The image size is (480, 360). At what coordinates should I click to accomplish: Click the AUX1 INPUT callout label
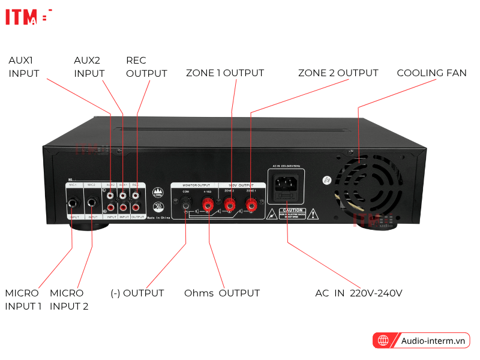click(24, 67)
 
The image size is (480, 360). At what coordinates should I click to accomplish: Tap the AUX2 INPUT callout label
click(89, 67)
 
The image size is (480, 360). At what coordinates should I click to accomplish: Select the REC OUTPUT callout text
click(146, 67)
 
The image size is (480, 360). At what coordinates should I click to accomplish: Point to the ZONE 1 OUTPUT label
click(224, 73)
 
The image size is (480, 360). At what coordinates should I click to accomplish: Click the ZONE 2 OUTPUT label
click(338, 73)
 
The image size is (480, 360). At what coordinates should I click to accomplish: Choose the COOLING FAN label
click(431, 73)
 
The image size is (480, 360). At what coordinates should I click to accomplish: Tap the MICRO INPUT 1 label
click(23, 299)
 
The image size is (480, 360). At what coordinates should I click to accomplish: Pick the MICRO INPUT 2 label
click(69, 299)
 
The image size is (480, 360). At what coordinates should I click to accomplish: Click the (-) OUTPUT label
click(137, 293)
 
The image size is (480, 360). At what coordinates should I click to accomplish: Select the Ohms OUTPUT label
click(222, 293)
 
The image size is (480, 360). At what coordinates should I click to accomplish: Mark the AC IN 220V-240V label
click(359, 293)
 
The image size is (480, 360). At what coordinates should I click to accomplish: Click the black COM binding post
click(186, 206)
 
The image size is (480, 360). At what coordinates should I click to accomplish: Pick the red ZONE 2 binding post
click(229, 206)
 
